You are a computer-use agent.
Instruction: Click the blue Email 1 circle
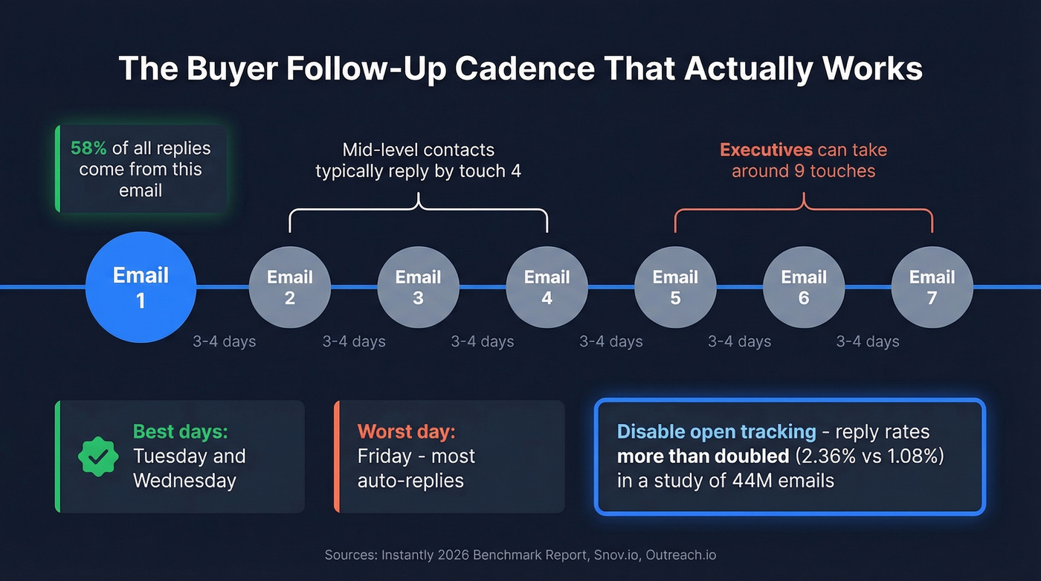point(141,287)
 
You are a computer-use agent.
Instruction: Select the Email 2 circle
point(290,287)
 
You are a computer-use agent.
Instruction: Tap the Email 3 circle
point(419,287)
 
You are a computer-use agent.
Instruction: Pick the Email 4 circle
point(547,287)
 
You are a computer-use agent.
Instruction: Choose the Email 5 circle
point(675,287)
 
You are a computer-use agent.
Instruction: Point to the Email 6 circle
point(804,287)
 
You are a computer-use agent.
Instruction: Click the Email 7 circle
point(932,287)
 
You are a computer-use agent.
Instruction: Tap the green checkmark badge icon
point(98,457)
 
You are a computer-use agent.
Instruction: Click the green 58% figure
point(88,148)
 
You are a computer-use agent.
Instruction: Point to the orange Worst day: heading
point(406,431)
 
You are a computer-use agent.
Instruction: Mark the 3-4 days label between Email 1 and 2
point(224,341)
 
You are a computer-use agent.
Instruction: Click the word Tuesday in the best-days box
point(168,456)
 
